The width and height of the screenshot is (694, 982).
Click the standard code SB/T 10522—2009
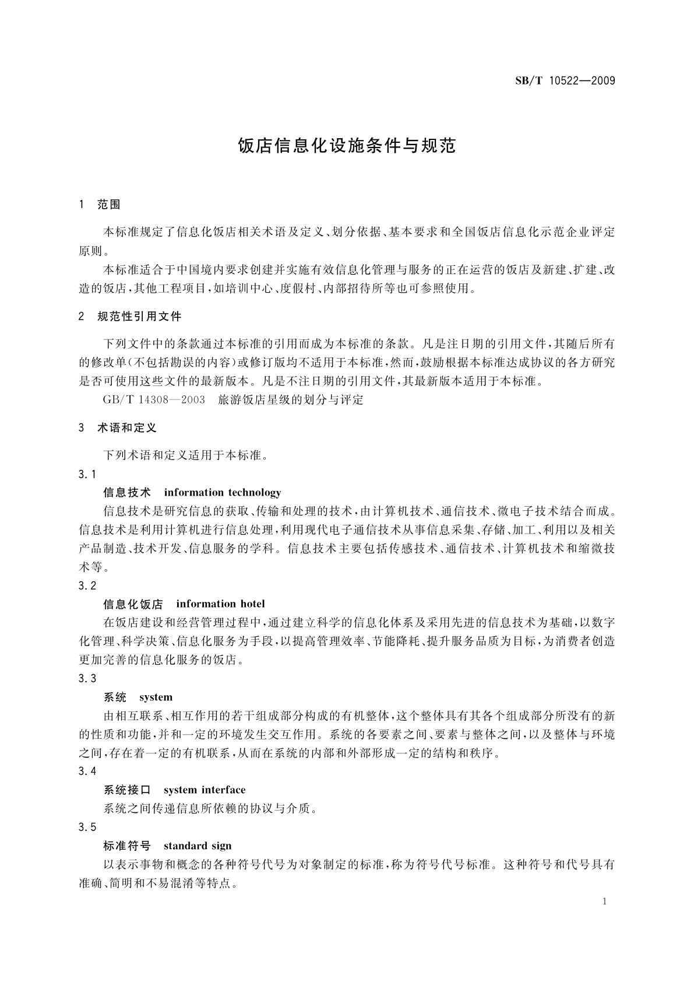coord(565,81)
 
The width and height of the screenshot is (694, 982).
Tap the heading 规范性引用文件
coord(139,317)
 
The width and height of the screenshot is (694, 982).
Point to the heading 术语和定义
coord(127,428)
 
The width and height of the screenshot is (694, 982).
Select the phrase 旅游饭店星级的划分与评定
coord(290,400)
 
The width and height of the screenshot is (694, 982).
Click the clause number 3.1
coord(87,474)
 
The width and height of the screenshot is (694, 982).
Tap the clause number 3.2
coord(87,585)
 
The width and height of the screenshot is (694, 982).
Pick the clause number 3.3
coord(87,678)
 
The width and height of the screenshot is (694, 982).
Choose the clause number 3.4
coord(87,771)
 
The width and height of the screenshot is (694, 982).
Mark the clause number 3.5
coord(87,827)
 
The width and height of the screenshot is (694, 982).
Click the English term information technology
coord(223,493)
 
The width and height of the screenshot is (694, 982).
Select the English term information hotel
coord(220,604)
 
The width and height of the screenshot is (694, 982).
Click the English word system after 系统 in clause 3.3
coord(156,697)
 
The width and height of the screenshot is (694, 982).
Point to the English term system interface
coord(205,790)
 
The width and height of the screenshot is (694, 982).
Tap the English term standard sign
coord(198,846)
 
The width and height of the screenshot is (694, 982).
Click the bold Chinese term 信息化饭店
coord(133,604)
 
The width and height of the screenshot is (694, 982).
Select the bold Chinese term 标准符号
coord(127,846)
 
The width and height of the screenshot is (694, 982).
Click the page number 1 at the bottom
coord(605,902)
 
